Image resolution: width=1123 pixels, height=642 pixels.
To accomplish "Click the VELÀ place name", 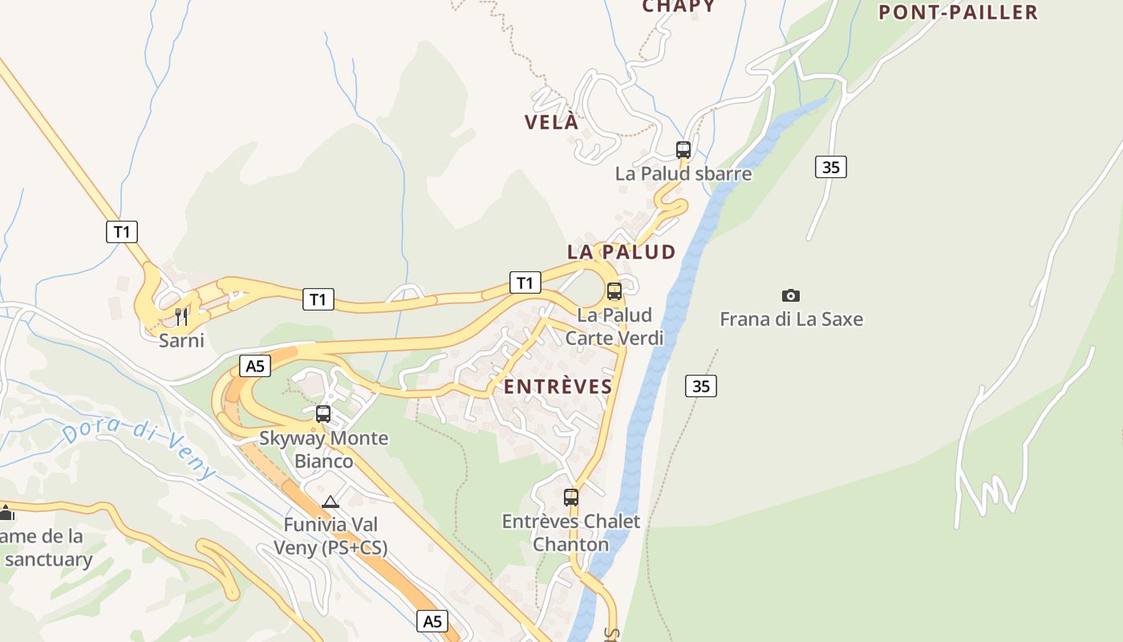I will [551, 122].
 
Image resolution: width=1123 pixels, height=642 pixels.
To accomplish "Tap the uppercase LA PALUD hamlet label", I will [622, 252].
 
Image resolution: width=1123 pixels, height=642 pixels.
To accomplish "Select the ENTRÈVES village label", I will [558, 387].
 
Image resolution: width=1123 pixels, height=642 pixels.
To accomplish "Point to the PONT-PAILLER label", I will [958, 12].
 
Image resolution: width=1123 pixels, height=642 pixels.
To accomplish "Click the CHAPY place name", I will [679, 7].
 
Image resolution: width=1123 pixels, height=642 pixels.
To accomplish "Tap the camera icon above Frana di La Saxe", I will [791, 295].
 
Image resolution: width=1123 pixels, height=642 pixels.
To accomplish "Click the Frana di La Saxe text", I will [791, 319].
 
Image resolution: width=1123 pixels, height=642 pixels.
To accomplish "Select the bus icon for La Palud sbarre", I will [683, 149].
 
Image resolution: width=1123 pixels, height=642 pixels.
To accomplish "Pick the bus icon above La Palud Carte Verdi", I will [614, 291].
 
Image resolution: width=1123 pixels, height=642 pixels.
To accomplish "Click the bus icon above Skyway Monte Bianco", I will [323, 414].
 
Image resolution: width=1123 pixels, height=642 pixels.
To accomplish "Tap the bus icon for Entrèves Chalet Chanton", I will [571, 498].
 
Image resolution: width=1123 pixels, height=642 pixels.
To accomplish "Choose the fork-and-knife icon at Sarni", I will [181, 316].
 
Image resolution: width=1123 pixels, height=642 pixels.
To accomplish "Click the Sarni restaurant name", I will [181, 340].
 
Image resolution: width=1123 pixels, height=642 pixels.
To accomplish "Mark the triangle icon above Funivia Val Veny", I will [330, 502].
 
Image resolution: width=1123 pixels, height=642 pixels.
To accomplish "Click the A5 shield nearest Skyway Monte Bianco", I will [254, 367].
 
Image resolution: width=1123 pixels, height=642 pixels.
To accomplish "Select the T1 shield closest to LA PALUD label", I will [525, 282].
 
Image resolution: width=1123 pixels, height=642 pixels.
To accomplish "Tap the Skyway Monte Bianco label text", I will [323, 449].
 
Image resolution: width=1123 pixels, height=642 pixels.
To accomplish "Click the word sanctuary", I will [50, 560].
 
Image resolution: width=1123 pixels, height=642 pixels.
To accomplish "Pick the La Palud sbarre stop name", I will [683, 173].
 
